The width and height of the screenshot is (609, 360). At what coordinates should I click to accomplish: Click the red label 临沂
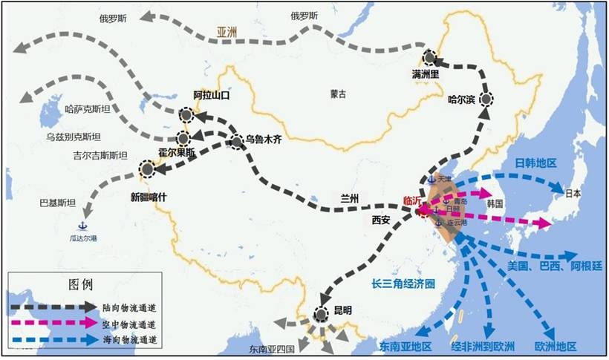tap(414, 200)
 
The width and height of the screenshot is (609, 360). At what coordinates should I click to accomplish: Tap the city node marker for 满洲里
tap(429, 58)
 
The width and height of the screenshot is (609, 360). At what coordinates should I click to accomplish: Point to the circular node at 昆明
tap(321, 315)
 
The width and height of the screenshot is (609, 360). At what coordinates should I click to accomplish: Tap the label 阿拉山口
tap(213, 96)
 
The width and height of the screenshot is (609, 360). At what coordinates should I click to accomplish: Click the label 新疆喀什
tap(155, 197)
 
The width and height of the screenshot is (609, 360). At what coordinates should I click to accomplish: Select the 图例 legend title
tap(79, 284)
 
